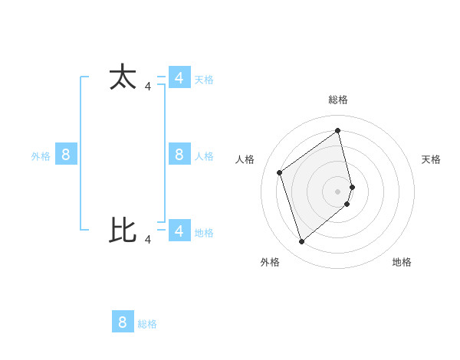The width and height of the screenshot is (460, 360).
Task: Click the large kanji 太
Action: [123, 78]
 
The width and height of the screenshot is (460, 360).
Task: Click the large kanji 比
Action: [123, 230]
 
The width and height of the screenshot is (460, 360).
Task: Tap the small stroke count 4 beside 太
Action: [148, 87]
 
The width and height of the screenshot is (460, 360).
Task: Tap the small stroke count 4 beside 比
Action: [148, 239]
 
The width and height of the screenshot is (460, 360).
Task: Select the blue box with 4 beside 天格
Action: [179, 78]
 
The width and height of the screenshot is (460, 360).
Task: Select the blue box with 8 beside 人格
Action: [179, 155]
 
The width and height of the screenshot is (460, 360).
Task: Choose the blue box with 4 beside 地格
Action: [179, 231]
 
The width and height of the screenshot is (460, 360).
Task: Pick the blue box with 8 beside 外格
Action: [66, 155]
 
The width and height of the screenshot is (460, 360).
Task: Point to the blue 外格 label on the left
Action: [41, 156]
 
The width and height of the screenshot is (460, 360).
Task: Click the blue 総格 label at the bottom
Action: [147, 324]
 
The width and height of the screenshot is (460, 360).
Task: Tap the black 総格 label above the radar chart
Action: [338, 100]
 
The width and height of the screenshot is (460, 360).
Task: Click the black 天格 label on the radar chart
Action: [431, 159]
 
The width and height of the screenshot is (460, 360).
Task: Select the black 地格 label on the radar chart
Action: [402, 262]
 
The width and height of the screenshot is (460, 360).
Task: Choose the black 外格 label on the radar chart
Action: [270, 262]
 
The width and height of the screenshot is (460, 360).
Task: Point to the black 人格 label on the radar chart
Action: [245, 159]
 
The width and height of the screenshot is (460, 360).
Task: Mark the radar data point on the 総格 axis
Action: [338, 130]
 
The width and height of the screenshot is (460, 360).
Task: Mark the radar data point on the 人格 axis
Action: [280, 172]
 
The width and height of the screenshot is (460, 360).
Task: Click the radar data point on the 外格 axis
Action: [302, 242]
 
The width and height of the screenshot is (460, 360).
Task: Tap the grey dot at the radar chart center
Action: [338, 191]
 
